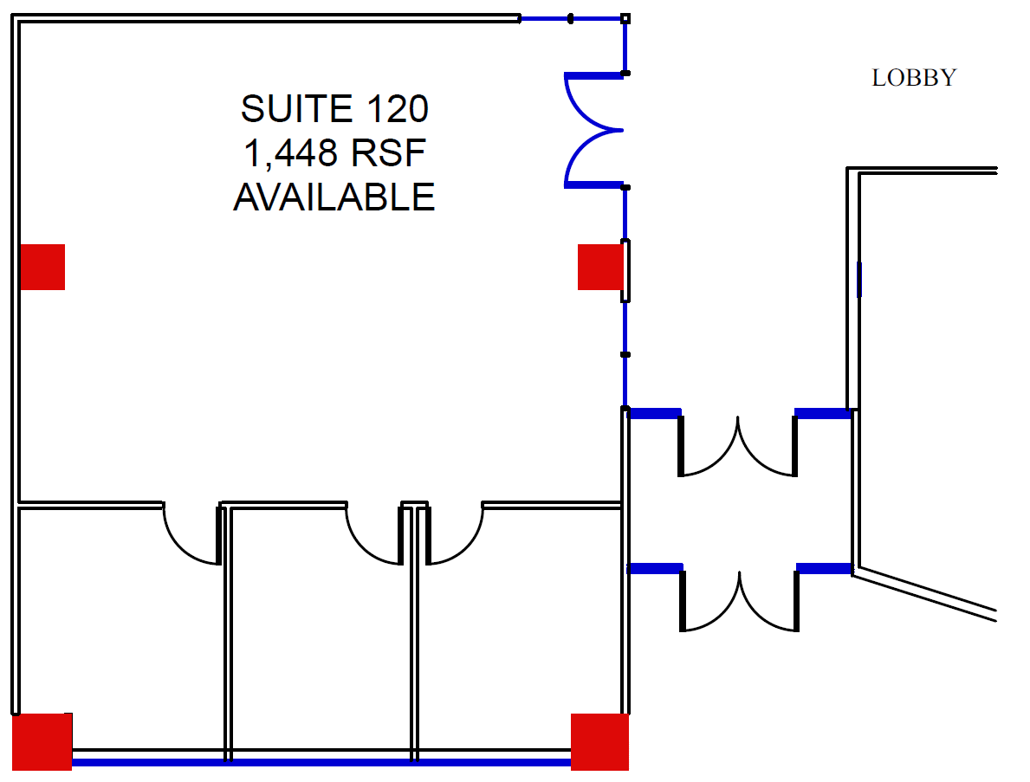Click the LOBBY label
[913, 78]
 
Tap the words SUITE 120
[334, 110]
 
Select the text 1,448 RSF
[334, 154]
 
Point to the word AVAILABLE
[334, 198]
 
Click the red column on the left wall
[42, 267]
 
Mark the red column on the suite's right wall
[599, 267]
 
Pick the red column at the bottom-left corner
[42, 741]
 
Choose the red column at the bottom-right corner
[599, 741]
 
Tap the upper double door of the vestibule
[737, 446]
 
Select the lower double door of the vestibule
[739, 600]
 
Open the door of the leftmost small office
[192, 534]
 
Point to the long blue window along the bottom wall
[321, 763]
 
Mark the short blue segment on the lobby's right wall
[859, 279]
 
